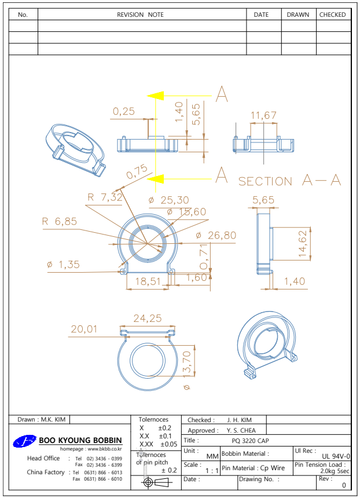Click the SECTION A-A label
(x=290, y=181)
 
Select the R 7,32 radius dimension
(x=105, y=197)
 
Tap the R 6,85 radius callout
(x=59, y=221)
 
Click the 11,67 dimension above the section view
(x=263, y=116)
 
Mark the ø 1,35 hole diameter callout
(x=63, y=265)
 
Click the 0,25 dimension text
(x=124, y=111)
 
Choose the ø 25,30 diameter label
(x=168, y=200)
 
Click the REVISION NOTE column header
(x=141, y=14)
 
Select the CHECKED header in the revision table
(x=333, y=14)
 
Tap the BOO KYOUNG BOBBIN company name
(x=80, y=441)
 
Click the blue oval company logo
(x=25, y=441)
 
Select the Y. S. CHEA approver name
(x=241, y=430)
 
